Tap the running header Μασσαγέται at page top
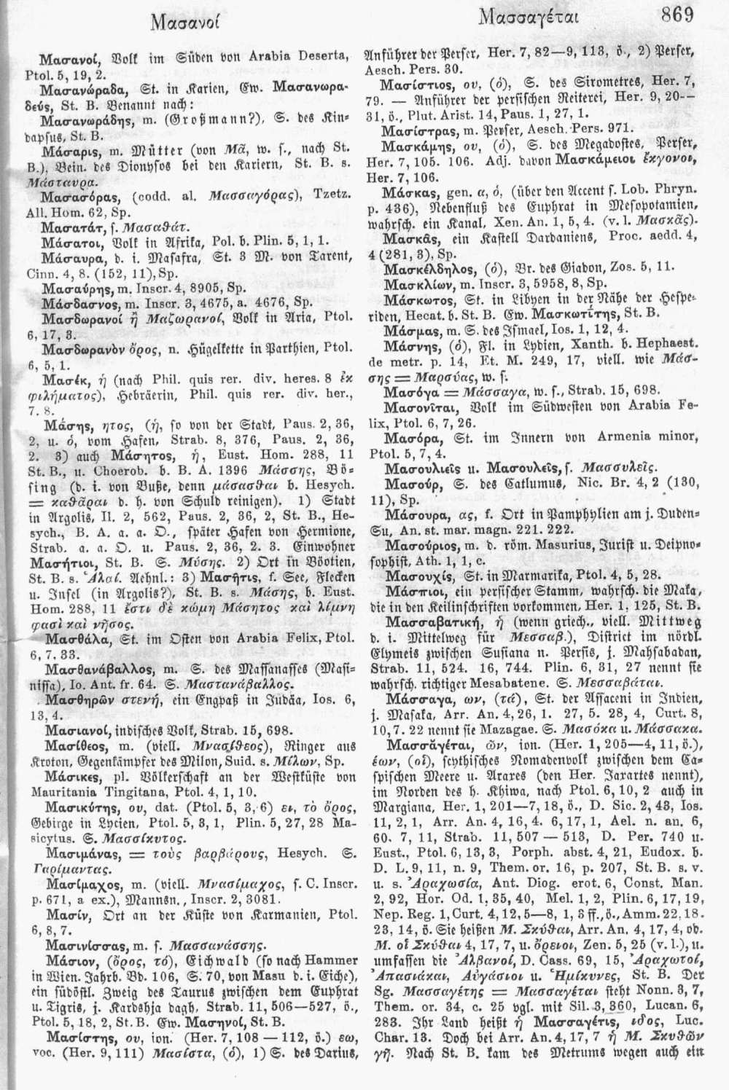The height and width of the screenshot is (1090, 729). pos(530,19)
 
